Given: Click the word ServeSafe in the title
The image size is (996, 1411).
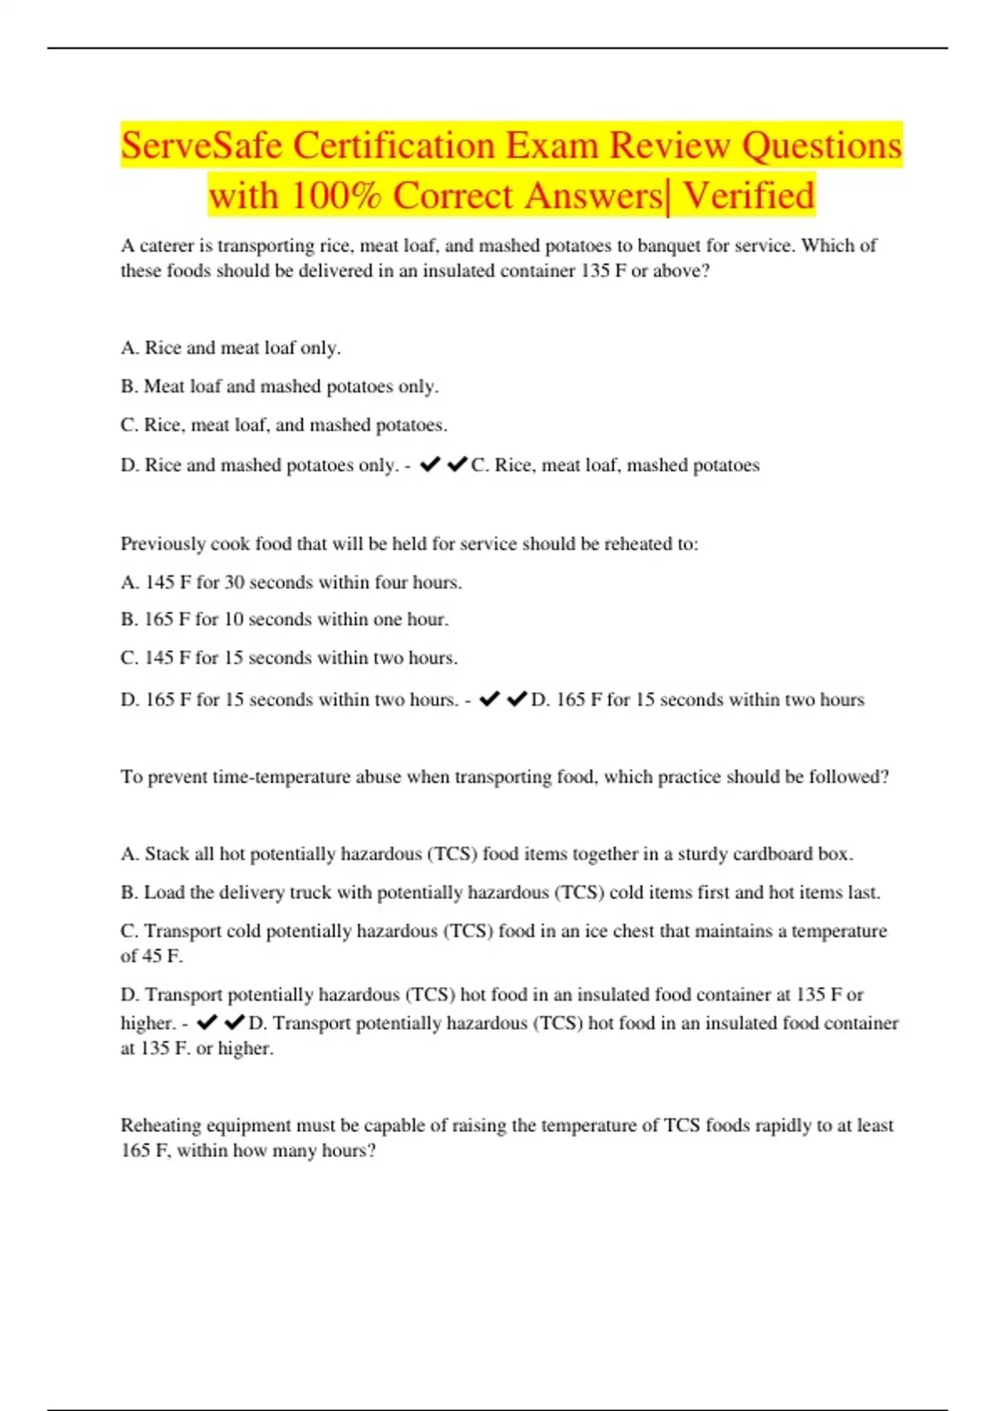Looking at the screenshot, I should [x=202, y=146].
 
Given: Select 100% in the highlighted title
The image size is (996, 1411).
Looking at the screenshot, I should [x=336, y=197].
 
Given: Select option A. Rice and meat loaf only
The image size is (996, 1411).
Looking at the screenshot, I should [x=231, y=348].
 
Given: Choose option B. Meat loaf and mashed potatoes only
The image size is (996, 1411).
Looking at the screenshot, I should [x=280, y=387].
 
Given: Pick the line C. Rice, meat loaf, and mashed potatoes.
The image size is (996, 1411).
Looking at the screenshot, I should [x=284, y=425].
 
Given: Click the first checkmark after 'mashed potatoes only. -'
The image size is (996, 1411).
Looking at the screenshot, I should [x=430, y=465].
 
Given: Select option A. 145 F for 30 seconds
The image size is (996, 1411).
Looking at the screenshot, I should [x=290, y=583].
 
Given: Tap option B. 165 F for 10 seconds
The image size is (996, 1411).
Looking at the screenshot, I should [x=284, y=619].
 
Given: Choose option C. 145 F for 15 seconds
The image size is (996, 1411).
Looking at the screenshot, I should [x=289, y=658].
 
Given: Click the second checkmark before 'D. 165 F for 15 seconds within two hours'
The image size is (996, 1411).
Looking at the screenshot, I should [x=517, y=700].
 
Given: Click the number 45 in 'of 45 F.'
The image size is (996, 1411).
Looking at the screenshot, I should [x=152, y=956].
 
